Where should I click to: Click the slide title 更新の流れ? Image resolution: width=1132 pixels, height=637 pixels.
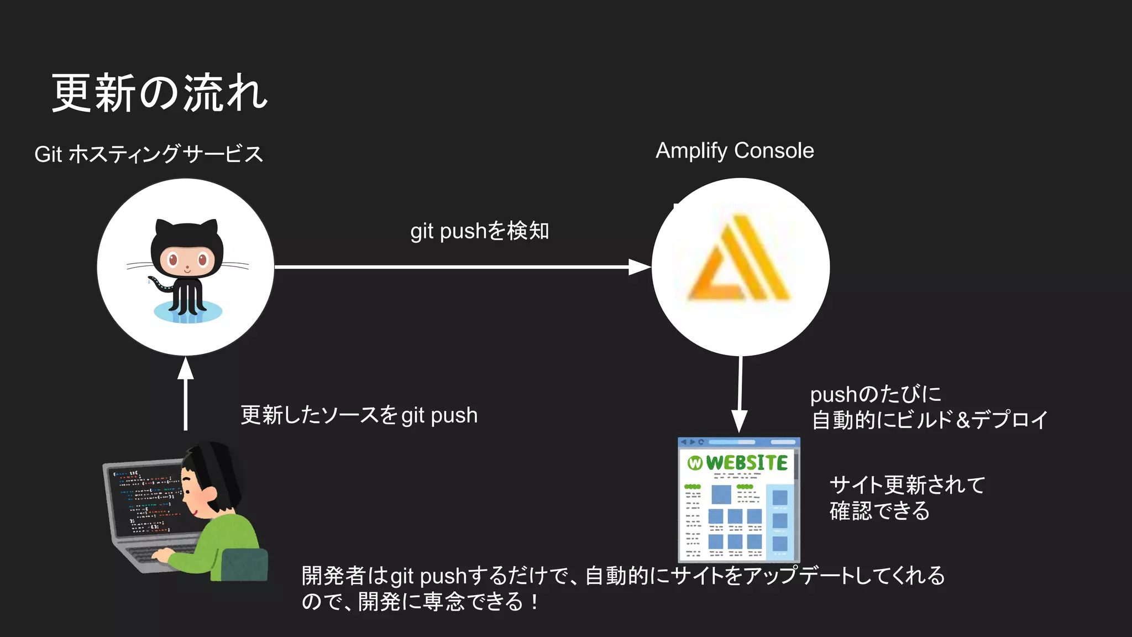159,93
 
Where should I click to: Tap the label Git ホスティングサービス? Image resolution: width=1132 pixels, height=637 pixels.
148,154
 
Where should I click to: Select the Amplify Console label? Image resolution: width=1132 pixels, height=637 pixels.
735,151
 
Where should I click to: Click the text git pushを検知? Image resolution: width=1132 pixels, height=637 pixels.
479,231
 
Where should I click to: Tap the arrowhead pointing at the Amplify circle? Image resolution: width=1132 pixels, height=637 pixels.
640,267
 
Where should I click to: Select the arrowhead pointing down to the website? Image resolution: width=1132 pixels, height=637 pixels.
739,421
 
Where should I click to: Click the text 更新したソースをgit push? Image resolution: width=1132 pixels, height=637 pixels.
359,415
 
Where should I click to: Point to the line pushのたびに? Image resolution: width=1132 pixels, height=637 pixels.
876,395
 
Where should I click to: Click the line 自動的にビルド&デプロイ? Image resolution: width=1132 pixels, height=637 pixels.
930,420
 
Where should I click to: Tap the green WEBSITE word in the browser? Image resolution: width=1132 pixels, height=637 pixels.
747,463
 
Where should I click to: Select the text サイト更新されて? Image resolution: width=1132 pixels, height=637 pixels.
907,485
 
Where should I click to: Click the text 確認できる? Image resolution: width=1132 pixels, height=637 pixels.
879,511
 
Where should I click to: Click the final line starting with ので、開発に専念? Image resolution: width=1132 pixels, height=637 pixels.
420,602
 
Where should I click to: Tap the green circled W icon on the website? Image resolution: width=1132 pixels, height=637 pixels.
695,463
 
